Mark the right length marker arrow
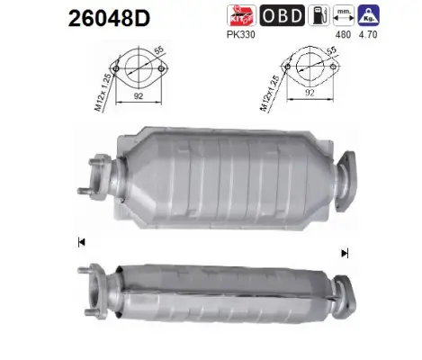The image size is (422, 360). coord(343,254)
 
